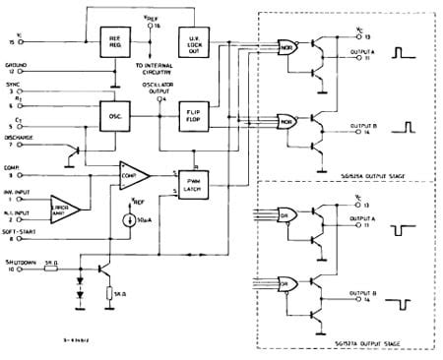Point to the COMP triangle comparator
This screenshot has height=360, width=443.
pos(132,177)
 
